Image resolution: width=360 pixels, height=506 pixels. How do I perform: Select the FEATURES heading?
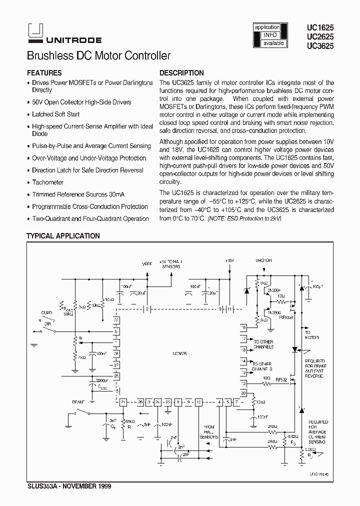click(x=44, y=73)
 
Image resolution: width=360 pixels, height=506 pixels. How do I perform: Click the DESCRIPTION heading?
click(x=181, y=73)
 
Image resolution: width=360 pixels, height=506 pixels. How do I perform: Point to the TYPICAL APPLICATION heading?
click(x=63, y=236)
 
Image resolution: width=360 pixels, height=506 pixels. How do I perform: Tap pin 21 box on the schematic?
click(x=122, y=401)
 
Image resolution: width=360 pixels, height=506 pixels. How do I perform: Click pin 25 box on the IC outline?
click(x=116, y=376)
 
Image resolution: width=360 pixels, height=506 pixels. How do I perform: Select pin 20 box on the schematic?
click(x=243, y=393)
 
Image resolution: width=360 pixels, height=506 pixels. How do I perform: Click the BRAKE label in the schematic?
click(x=78, y=401)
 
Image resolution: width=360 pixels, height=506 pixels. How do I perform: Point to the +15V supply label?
click(x=229, y=261)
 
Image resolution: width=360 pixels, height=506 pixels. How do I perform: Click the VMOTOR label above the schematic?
click(x=263, y=261)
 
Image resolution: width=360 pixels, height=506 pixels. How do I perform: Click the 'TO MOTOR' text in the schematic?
click(x=307, y=334)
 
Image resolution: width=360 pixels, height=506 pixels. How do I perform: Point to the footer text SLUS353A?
click(x=42, y=485)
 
